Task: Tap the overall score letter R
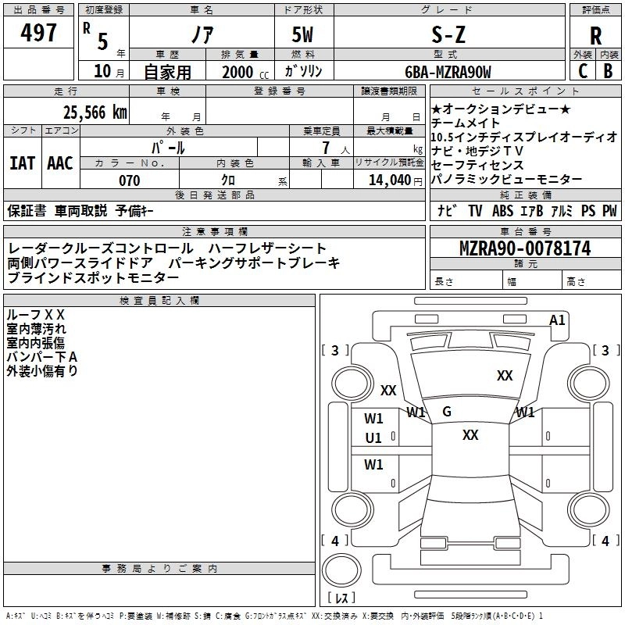point(595,36)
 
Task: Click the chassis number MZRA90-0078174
point(524,249)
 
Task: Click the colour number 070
point(129,180)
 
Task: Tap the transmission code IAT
point(23,163)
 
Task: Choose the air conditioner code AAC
point(60,163)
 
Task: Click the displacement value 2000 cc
point(245,72)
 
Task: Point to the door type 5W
point(303,35)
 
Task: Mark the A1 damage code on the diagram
point(557,320)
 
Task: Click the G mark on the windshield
point(447,411)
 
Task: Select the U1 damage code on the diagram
point(373,438)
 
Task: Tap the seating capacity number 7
point(324,148)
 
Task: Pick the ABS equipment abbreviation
point(502,210)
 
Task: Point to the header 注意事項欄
point(214,232)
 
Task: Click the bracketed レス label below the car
point(341,598)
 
